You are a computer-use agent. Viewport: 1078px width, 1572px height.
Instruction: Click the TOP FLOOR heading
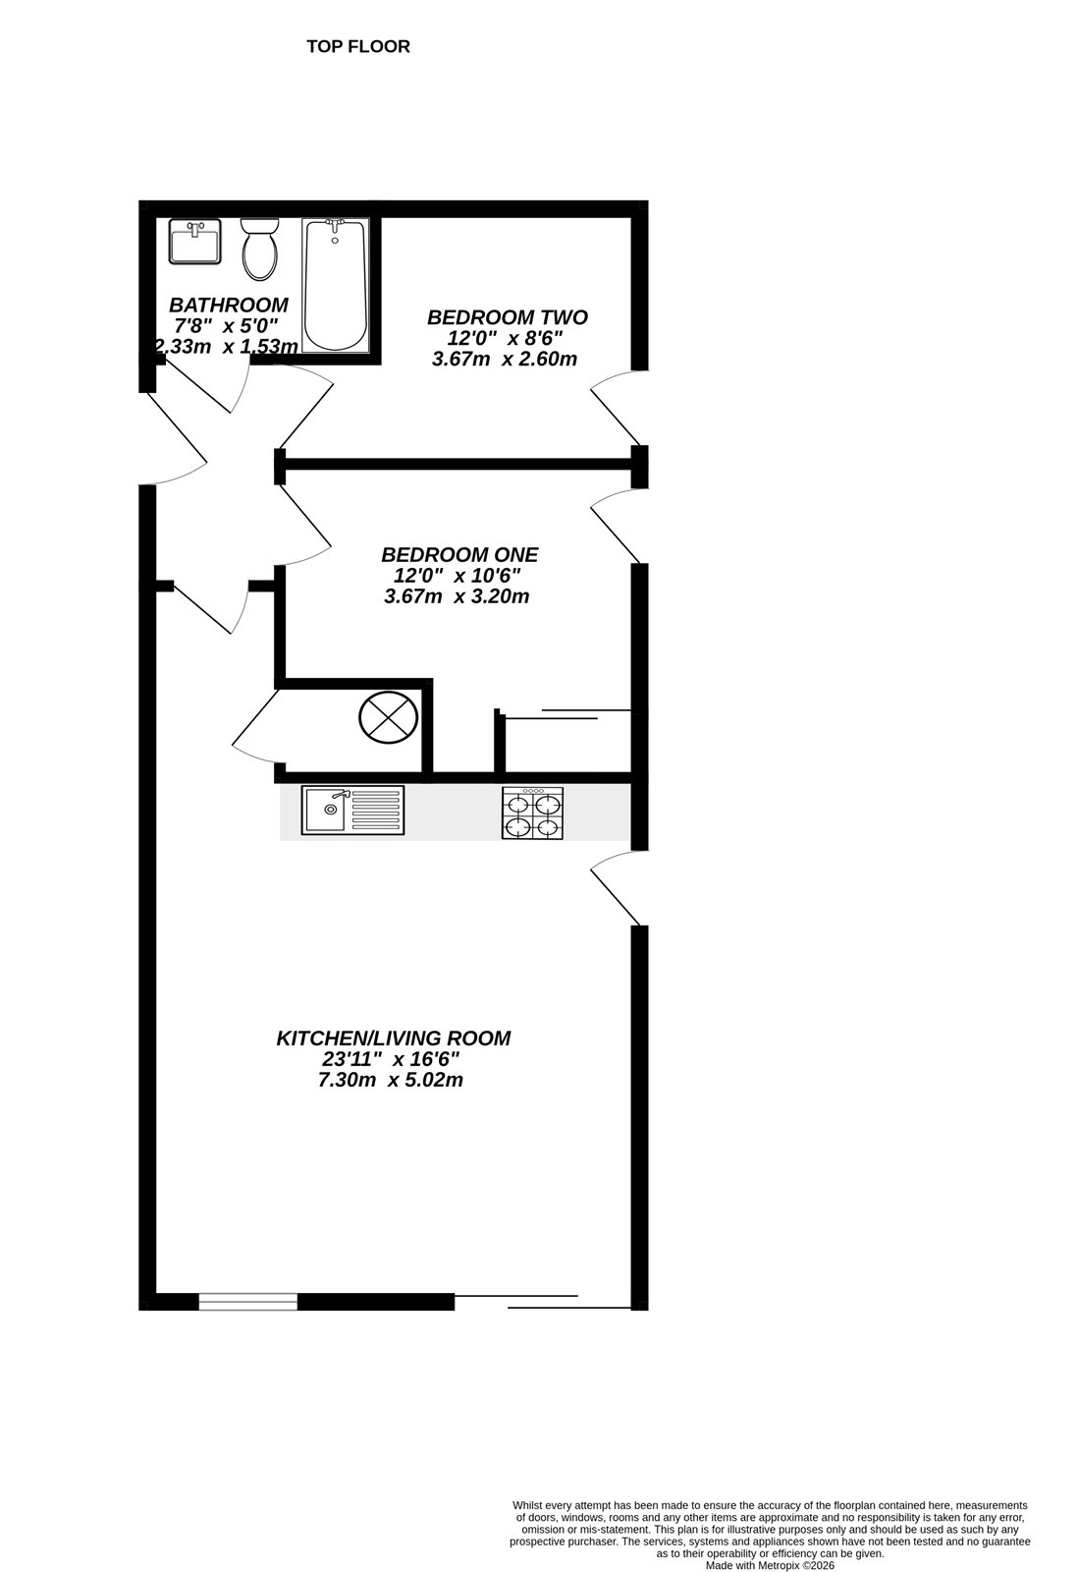pyautogui.click(x=357, y=46)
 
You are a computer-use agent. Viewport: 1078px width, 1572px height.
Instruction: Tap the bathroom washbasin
pyautogui.click(x=194, y=242)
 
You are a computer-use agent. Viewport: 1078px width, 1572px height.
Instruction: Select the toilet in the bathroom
pyautogui.click(x=260, y=248)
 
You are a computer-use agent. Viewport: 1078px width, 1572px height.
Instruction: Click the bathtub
pyautogui.click(x=336, y=286)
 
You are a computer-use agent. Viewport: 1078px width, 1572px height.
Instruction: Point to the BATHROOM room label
pyautogui.click(x=229, y=305)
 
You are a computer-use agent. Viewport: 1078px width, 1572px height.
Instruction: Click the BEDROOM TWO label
pyautogui.click(x=508, y=317)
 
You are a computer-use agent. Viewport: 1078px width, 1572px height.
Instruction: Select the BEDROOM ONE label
pyautogui.click(x=459, y=555)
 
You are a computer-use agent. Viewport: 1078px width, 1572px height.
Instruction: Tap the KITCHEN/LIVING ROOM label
pyautogui.click(x=394, y=1038)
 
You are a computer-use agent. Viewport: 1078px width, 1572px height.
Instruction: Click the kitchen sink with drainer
pyautogui.click(x=352, y=811)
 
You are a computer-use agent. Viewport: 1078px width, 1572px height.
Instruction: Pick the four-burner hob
pyautogui.click(x=533, y=814)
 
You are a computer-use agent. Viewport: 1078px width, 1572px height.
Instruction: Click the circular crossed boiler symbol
pyautogui.click(x=390, y=715)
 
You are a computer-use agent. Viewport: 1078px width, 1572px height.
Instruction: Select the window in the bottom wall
pyautogui.click(x=247, y=1302)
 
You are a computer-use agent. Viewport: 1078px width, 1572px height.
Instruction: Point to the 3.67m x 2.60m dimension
pyautogui.click(x=504, y=360)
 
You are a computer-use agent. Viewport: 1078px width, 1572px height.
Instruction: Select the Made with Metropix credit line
pyautogui.click(x=770, y=1564)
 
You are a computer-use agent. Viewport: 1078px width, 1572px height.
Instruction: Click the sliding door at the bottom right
pyautogui.click(x=542, y=1302)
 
